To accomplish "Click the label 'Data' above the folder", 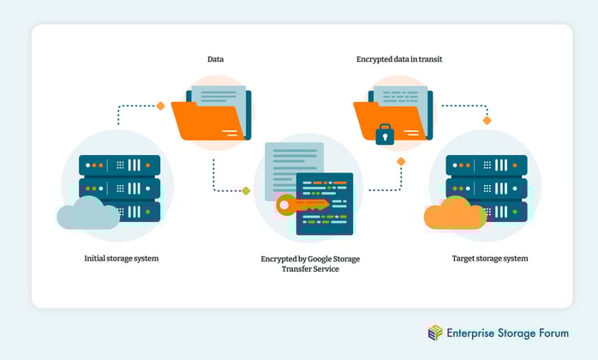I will [216, 59].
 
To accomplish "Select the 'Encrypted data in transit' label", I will [399, 59].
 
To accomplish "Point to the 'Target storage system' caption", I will [490, 258].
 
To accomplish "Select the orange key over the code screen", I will [296, 205].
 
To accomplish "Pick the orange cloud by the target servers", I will [455, 215].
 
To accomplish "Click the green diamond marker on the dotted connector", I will [246, 191].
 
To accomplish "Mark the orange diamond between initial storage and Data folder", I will [160, 106].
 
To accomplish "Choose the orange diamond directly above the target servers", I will [487, 120].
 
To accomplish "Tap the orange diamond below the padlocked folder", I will [400, 161].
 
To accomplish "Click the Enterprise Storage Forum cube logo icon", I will [436, 333].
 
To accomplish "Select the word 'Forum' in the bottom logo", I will [548, 333].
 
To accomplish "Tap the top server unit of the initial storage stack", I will [120, 164].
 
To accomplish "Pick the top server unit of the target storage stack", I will [487, 164].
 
